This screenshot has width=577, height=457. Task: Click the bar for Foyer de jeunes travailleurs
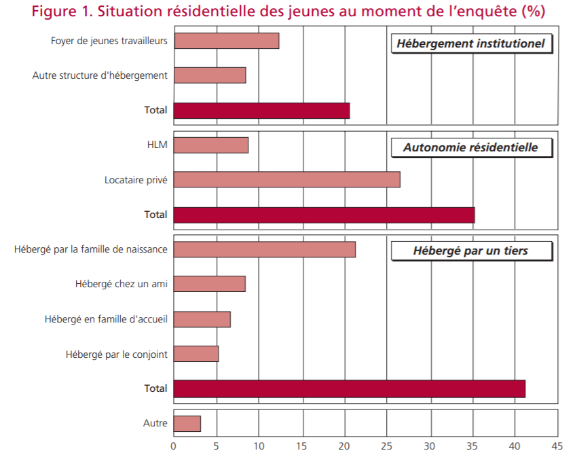(226, 41)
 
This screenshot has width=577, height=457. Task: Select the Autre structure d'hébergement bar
(210, 75)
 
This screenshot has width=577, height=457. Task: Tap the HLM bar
(211, 145)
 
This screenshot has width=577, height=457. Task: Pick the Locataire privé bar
(286, 180)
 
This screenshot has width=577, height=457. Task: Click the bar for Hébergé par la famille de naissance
(265, 250)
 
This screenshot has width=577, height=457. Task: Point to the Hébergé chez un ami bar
(209, 284)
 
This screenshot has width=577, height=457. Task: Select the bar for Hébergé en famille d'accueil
(202, 319)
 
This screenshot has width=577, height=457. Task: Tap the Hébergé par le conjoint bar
(196, 354)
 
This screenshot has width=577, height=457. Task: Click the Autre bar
(187, 424)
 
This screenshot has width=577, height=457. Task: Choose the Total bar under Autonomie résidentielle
(324, 215)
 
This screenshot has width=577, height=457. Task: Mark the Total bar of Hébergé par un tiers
(349, 388)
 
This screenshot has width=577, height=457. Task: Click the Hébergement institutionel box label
(470, 43)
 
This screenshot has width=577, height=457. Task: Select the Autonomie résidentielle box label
(470, 147)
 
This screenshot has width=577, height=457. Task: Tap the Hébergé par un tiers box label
(470, 251)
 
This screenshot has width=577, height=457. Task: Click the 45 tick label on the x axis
(557, 446)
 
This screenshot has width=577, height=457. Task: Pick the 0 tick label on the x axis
(174, 446)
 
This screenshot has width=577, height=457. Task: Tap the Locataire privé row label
(136, 180)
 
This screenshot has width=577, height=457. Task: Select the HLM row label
(157, 145)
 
